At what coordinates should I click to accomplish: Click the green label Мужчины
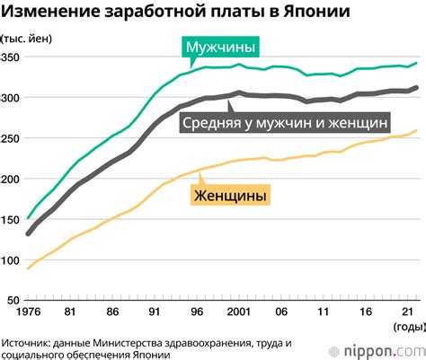click(220, 47)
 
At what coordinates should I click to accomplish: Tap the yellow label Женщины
click(230, 194)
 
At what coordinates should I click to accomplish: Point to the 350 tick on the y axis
click(12, 57)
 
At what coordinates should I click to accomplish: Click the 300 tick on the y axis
click(12, 98)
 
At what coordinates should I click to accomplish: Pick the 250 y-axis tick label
click(12, 139)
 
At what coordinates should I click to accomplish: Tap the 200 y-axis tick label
click(12, 180)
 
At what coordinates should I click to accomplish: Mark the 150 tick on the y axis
click(12, 220)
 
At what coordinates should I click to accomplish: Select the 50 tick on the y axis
click(14, 301)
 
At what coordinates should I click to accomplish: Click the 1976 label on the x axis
click(30, 312)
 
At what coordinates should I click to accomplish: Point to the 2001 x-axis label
click(237, 312)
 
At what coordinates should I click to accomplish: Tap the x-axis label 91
click(154, 312)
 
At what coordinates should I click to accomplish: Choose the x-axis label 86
click(112, 312)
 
